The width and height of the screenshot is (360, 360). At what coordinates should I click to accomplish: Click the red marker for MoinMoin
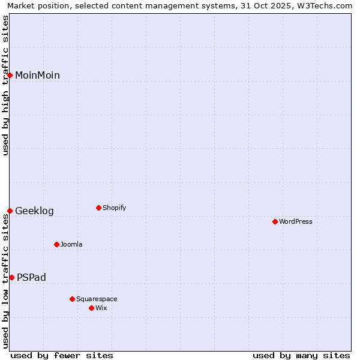click(10, 75)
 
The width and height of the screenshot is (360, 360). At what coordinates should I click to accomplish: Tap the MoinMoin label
click(37, 75)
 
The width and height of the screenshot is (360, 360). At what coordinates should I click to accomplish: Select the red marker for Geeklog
click(10, 211)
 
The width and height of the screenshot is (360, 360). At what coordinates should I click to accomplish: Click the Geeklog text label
click(34, 211)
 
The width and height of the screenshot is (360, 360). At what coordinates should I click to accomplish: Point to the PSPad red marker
click(12, 277)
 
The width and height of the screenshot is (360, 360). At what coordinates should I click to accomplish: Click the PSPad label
click(31, 277)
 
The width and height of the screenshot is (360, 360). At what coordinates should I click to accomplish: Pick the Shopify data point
click(98, 208)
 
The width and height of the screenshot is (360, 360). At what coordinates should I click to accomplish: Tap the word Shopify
click(114, 208)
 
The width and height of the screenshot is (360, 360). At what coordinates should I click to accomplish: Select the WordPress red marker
click(275, 221)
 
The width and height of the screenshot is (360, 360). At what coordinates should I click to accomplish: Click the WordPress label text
click(296, 221)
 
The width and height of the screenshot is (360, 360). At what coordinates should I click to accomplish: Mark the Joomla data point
click(57, 244)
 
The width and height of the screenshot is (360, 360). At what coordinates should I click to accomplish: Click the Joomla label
click(71, 244)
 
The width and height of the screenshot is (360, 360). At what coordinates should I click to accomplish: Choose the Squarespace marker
click(72, 299)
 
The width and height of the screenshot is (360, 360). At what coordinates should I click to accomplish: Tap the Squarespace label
click(97, 299)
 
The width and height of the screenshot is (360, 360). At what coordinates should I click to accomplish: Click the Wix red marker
click(91, 308)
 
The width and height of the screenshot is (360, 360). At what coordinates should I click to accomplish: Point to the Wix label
click(101, 308)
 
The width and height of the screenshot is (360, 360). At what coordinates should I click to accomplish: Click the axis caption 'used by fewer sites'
click(62, 355)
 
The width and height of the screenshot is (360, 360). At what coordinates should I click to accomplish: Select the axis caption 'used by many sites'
click(301, 355)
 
